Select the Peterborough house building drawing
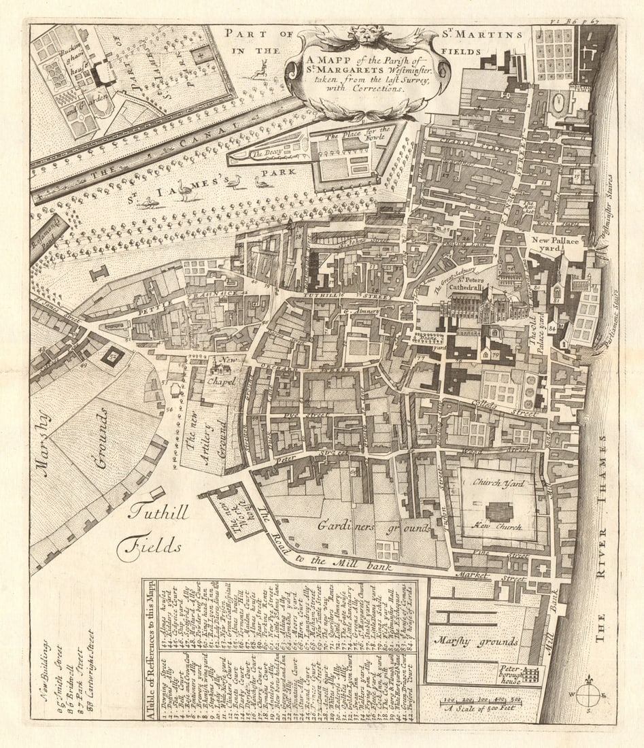(x=520, y=674)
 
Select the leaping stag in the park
(x=258, y=69)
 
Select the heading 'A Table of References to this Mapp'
(x=151, y=650)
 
